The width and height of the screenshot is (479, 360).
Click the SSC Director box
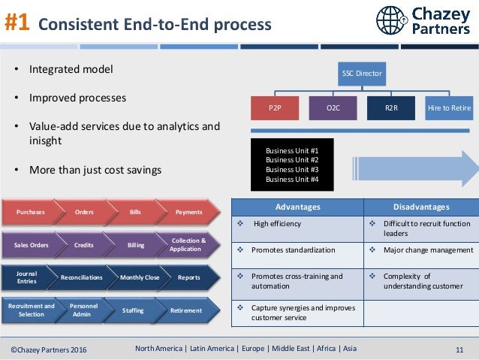click(x=362, y=74)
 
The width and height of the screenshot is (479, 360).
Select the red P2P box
click(x=275, y=108)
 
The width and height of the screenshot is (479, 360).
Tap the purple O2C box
click(x=333, y=108)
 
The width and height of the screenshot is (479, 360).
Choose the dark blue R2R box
click(x=391, y=108)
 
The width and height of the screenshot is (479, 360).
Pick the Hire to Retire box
click(x=449, y=108)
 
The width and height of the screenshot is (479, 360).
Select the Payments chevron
click(x=186, y=212)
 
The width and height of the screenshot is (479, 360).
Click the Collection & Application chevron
click(x=186, y=244)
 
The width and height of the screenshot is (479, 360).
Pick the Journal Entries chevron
click(x=27, y=277)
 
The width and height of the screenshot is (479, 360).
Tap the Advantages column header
click(x=298, y=207)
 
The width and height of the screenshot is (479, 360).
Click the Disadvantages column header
click(x=420, y=207)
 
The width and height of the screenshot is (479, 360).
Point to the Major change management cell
click(x=424, y=250)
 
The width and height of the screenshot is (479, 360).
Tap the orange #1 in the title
click(x=17, y=23)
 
